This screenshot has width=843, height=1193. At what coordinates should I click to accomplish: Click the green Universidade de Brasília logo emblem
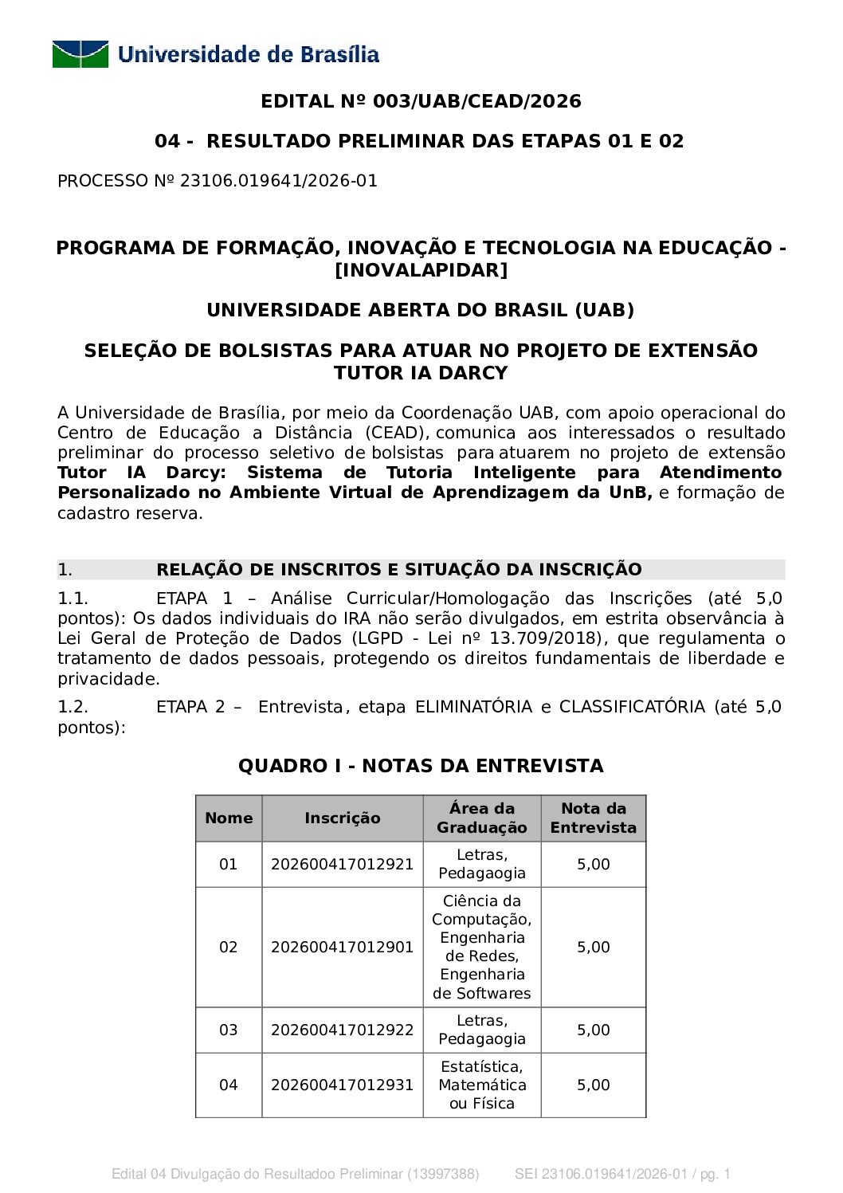(x=80, y=54)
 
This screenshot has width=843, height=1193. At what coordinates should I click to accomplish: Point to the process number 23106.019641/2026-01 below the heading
(x=278, y=181)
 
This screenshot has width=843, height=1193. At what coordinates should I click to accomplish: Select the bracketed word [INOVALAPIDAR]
(x=421, y=270)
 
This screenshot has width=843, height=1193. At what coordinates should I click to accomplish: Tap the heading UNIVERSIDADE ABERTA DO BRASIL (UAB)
(x=421, y=310)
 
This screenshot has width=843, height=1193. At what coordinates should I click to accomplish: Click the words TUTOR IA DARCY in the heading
(x=421, y=373)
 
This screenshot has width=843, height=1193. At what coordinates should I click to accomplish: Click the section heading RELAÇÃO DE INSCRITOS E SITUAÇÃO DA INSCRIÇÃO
(x=398, y=569)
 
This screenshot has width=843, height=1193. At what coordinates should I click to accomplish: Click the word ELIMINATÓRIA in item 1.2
(x=473, y=707)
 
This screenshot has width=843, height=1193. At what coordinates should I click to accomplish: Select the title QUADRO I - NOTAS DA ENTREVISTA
(x=421, y=766)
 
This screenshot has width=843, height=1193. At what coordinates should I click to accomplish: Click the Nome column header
(x=229, y=818)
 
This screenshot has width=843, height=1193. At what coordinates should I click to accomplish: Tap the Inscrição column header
(x=343, y=818)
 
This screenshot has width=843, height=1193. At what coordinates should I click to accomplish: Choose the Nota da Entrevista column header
(x=593, y=818)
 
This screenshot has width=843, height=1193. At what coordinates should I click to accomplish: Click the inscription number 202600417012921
(x=343, y=865)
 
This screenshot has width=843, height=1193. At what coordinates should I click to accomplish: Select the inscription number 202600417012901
(x=343, y=948)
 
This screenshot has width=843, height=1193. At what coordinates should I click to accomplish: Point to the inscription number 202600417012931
(x=343, y=1085)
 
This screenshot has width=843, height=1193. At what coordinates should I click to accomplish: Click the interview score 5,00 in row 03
(x=593, y=1030)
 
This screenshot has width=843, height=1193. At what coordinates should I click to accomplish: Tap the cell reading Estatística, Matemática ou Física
(x=482, y=1085)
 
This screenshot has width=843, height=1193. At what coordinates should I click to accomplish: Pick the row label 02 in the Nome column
(x=229, y=948)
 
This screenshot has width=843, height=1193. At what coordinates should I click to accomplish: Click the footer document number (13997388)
(x=444, y=1174)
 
